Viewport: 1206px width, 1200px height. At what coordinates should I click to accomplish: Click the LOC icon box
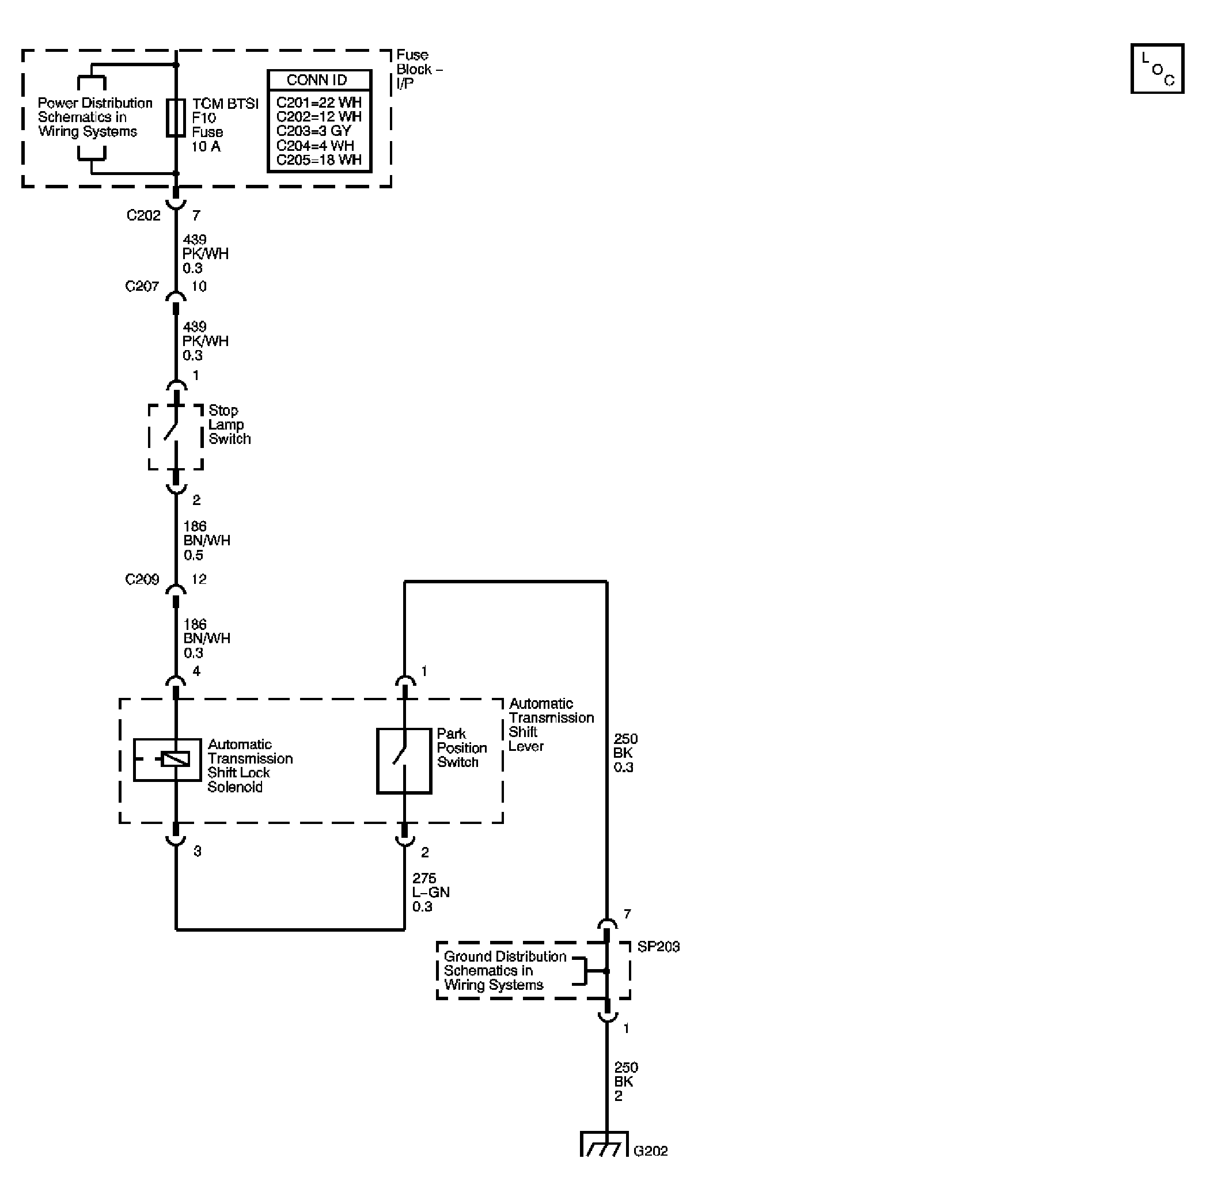click(1156, 69)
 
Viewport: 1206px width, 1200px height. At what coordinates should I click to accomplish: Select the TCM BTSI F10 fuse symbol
click(176, 117)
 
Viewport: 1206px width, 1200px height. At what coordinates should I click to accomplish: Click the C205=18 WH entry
click(319, 160)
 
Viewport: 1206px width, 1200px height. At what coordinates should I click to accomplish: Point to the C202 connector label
click(143, 215)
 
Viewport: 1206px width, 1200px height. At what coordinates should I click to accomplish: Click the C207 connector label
click(142, 286)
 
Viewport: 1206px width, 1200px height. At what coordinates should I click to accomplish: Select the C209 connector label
click(142, 580)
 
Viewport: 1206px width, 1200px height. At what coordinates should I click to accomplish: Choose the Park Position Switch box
click(404, 761)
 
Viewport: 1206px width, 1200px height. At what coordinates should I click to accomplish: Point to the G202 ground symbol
click(604, 1144)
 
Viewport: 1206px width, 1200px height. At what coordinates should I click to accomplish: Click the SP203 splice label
click(658, 947)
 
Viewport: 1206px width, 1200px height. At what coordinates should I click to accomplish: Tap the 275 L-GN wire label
click(430, 893)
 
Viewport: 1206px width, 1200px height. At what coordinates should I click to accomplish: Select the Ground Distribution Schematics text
click(505, 970)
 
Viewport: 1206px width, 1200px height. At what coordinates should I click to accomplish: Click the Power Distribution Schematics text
click(95, 117)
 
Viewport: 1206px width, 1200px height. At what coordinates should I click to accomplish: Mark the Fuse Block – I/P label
click(419, 69)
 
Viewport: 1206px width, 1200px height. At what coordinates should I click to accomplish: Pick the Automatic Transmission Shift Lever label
click(551, 724)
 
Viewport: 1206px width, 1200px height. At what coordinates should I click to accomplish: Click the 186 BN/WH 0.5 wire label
click(206, 541)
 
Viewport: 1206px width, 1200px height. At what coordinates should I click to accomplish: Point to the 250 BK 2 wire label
click(625, 1081)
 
